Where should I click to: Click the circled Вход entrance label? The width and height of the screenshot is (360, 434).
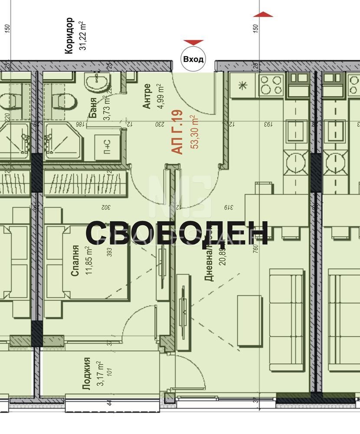tap(193, 59)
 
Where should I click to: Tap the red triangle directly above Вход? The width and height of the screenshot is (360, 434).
tap(193, 42)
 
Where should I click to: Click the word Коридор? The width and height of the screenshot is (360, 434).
tap(69, 36)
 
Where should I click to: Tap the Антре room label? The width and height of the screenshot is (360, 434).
tap(147, 96)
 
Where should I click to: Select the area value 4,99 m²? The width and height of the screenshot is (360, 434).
tap(159, 96)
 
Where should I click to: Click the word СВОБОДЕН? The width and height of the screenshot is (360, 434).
tap(177, 233)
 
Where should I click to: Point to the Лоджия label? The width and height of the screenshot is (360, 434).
tap(87, 374)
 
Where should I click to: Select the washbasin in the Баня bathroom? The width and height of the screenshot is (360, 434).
tap(97, 82)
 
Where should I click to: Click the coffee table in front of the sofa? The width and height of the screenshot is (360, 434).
tap(249, 321)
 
